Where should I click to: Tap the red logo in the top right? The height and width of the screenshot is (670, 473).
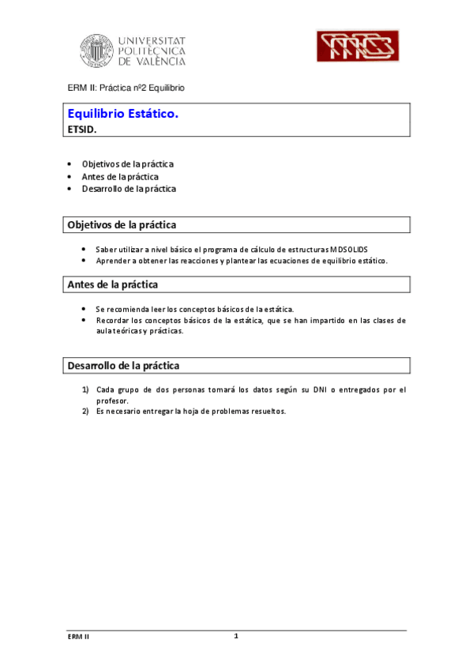coord(355,47)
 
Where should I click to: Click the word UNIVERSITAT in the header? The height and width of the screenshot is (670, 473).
coord(152,39)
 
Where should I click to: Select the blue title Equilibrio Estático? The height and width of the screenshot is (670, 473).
coord(123,114)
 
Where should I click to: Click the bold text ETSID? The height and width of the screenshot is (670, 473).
coord(82,130)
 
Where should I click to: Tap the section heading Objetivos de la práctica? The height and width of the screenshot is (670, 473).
coord(122,225)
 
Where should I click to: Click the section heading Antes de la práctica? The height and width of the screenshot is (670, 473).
coord(113,284)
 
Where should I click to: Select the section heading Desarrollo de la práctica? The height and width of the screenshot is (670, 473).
coord(123,366)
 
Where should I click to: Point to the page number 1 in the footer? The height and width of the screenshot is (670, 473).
coord(236,636)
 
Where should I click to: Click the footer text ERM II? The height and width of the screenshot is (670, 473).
coord(78,637)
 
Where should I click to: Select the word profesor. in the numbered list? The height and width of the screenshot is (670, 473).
coord(112,401)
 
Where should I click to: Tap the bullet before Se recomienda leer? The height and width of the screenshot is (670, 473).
coord(83,309)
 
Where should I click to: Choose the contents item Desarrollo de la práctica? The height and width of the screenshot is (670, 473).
coord(129,189)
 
